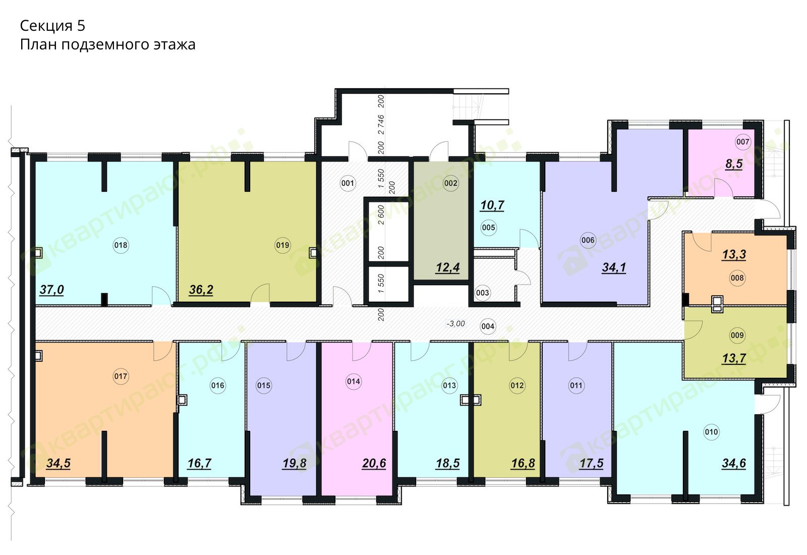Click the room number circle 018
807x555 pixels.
(x=121, y=245)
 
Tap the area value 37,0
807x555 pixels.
(x=52, y=290)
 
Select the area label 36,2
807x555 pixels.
(x=201, y=290)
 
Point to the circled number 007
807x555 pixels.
(x=743, y=142)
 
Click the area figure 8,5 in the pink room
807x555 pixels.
(x=734, y=164)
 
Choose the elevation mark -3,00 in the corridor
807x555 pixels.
(x=456, y=323)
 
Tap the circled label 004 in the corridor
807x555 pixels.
(x=488, y=326)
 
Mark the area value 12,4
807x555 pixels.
(x=448, y=268)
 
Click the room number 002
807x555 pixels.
(x=451, y=184)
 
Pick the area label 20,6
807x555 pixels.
(x=374, y=464)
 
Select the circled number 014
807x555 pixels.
(x=354, y=381)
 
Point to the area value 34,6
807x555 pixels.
(x=734, y=464)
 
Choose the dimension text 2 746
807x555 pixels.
(x=381, y=125)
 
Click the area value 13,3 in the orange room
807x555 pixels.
(x=734, y=255)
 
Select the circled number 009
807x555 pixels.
(x=737, y=336)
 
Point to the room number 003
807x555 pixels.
(x=482, y=293)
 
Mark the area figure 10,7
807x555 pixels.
(x=492, y=205)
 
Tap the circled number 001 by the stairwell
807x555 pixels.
(x=348, y=184)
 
